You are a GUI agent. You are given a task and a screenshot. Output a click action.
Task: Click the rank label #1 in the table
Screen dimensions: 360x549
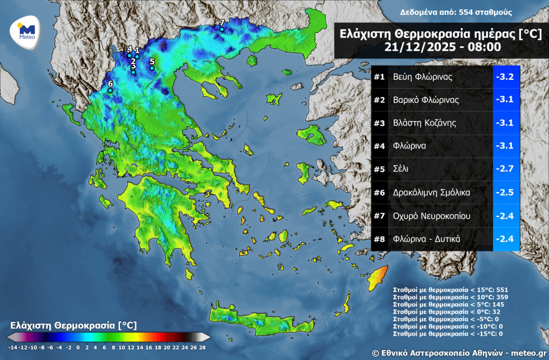point(379,77)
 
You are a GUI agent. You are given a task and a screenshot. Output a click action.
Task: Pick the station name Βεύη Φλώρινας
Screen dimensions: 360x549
point(422,77)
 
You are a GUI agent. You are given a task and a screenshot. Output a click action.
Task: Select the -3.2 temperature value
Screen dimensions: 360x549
point(505,77)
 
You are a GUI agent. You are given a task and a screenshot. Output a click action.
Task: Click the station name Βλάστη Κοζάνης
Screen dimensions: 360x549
point(424,123)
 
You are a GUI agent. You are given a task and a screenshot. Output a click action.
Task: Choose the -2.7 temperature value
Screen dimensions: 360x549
point(505,169)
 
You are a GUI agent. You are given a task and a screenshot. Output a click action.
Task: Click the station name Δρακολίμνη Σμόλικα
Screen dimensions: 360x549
point(432,193)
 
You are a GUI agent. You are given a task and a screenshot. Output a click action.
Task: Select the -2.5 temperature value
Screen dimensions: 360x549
point(505,193)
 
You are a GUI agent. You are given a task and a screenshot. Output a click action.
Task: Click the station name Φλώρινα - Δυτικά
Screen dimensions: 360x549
point(427,239)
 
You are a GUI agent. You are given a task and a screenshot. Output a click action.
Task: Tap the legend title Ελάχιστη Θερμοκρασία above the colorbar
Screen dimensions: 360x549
point(74,326)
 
